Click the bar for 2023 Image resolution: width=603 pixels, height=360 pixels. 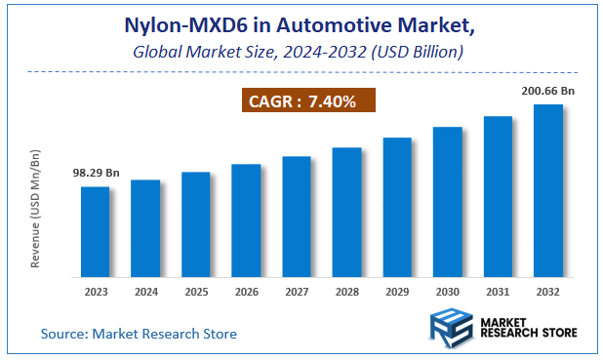pos(95,230)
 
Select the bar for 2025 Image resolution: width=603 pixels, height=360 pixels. pos(195,223)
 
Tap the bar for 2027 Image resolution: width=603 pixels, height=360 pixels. pos(297,216)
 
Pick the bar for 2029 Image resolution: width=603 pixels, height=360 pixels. pos(397,206)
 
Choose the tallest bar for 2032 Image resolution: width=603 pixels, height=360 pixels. pos(548,189)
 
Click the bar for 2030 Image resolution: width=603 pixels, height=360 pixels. pos(448,201)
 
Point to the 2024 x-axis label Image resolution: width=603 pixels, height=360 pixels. pos(145,290)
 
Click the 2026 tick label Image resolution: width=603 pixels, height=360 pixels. pos(246,290)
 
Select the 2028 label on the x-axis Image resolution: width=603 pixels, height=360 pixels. pos(346,290)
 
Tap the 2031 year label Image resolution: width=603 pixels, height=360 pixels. pos(498,290)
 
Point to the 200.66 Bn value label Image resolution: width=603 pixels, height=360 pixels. pos(547,90)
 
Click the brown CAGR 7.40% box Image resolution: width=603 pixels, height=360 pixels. pos(307,100)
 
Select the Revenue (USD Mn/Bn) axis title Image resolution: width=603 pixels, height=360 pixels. pos(36,210)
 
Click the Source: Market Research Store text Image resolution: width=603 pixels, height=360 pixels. pos(139,334)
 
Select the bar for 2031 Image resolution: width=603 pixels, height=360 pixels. pos(498,195)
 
